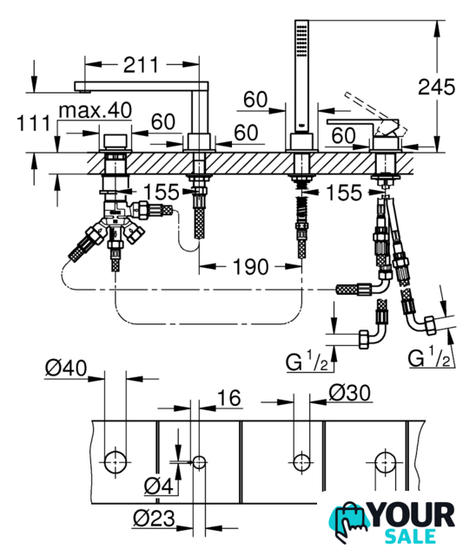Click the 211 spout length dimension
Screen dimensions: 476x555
pos(141,65)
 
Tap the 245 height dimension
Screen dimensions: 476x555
pos(436,87)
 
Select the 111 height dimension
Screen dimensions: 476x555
pos(34,123)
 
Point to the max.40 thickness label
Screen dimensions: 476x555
pos(96,110)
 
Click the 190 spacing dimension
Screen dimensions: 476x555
pos(250,266)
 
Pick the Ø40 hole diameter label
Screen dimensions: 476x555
pos(66,368)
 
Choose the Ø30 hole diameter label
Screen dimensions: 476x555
pos(350,392)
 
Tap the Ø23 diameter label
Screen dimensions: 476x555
pos(154,519)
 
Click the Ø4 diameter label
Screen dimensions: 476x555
pos(159,485)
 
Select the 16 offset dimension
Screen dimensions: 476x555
pos(229,398)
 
